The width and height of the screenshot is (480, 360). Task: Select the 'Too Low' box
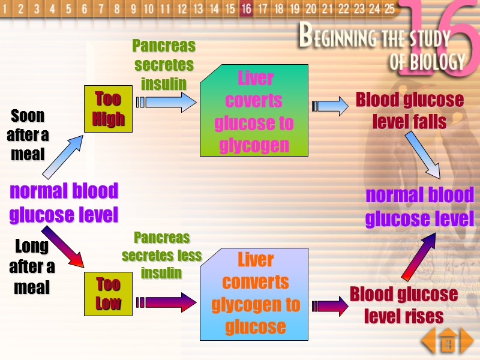pyautogui.click(x=109, y=293)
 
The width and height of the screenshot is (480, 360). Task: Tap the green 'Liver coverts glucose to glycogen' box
pyautogui.click(x=254, y=111)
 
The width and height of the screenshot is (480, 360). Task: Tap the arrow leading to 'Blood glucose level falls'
pyautogui.click(x=330, y=106)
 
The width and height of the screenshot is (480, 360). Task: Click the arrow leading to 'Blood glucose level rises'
pyautogui.click(x=330, y=305)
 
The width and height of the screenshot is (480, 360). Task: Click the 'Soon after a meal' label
pyautogui.click(x=28, y=134)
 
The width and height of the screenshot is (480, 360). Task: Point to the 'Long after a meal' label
pyautogui.click(x=31, y=266)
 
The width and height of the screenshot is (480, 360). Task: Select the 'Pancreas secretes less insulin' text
pyautogui.click(x=161, y=255)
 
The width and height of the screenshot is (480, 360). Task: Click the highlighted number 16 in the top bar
pyautogui.click(x=246, y=9)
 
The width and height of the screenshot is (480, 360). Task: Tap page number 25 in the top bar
pyautogui.click(x=389, y=9)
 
